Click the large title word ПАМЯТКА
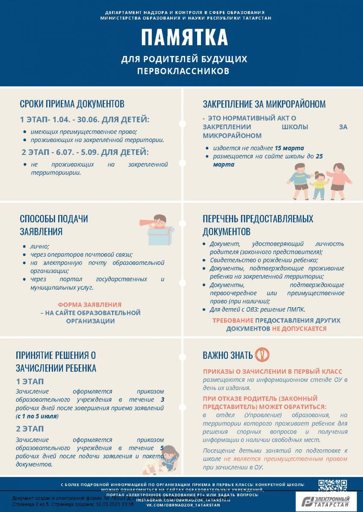pyautogui.click(x=184, y=38)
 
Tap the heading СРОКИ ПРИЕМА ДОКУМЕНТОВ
pyautogui.click(x=72, y=104)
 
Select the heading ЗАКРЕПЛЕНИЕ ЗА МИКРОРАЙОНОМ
pyautogui.click(x=264, y=104)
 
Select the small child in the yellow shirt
pyautogui.click(x=319, y=185)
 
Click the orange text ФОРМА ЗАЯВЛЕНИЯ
pyautogui.click(x=90, y=305)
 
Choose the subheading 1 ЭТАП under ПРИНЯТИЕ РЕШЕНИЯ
pyautogui.click(x=30, y=381)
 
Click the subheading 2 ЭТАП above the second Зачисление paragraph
pyautogui.click(x=30, y=429)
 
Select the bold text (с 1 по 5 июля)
pyautogui.click(x=37, y=416)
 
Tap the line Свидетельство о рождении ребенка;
pyautogui.click(x=263, y=260)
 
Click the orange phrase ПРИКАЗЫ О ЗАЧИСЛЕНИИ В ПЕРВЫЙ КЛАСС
pyautogui.click(x=272, y=372)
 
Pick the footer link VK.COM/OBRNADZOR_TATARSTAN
pyautogui.click(x=184, y=505)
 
